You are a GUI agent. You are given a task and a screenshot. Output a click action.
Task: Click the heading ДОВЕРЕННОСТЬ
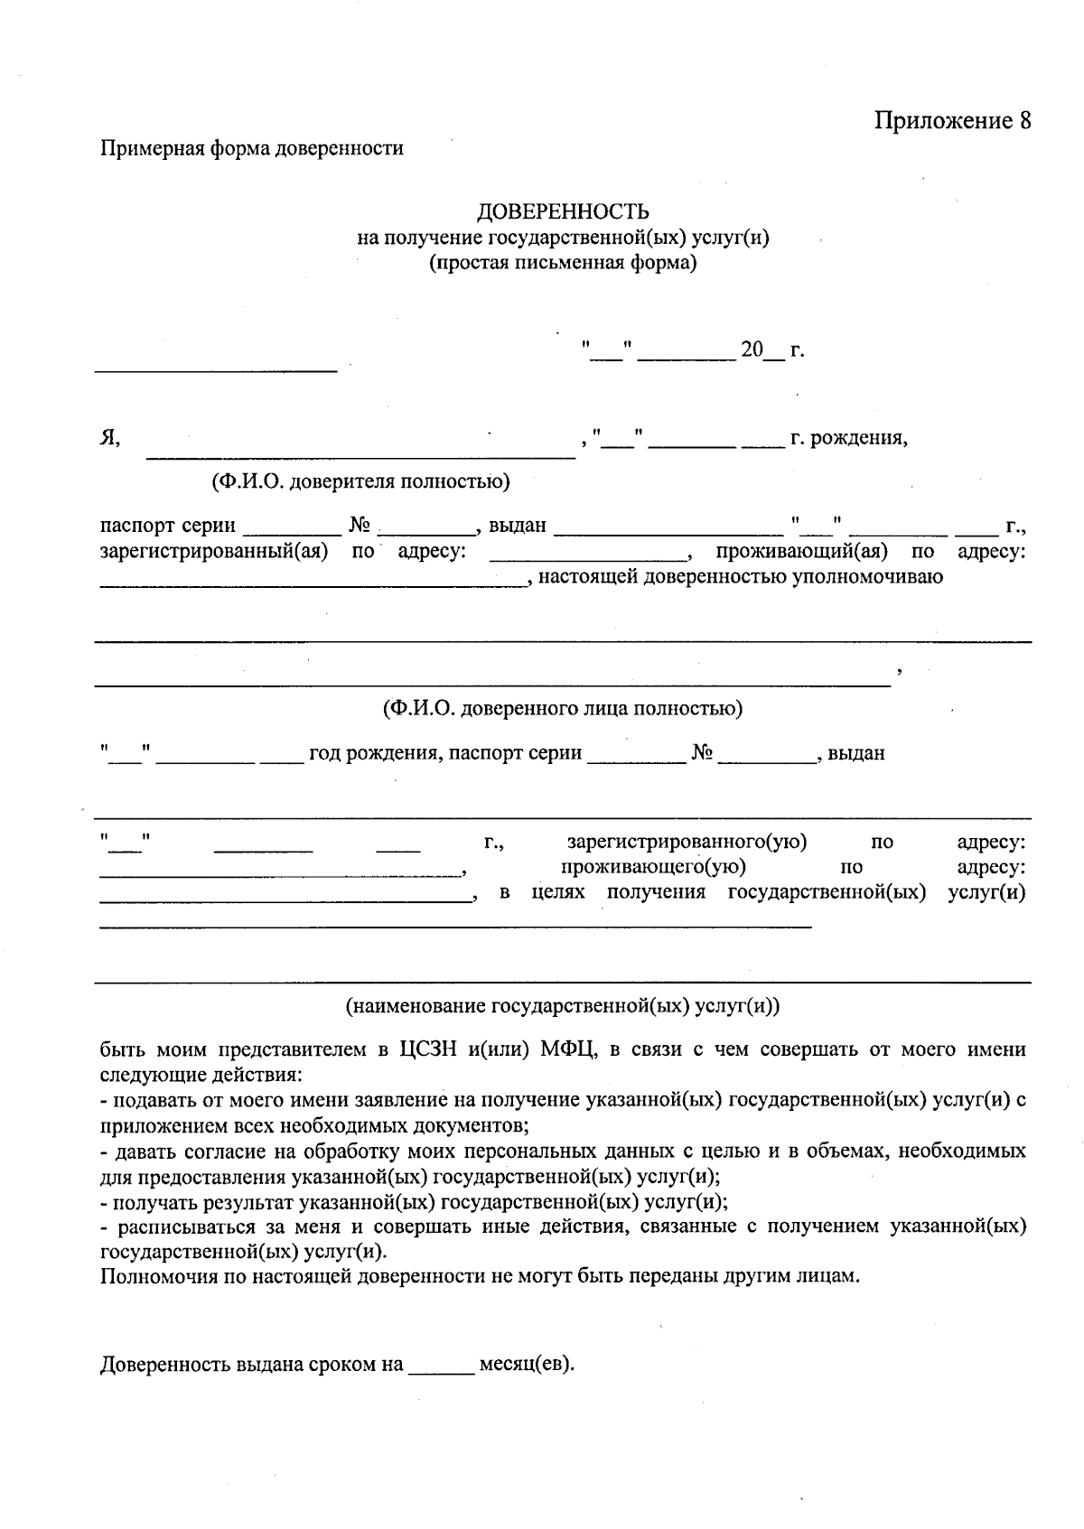pyautogui.click(x=563, y=211)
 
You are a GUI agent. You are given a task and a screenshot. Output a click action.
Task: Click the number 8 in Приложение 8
pyautogui.click(x=1023, y=121)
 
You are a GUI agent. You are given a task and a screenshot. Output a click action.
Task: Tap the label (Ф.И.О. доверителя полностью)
pyautogui.click(x=360, y=482)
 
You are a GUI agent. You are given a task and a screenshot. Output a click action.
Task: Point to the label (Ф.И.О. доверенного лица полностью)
pyautogui.click(x=562, y=708)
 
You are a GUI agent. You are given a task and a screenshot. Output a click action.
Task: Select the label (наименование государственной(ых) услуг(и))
pyautogui.click(x=562, y=1006)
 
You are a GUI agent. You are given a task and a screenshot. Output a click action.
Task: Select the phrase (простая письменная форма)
pyautogui.click(x=562, y=264)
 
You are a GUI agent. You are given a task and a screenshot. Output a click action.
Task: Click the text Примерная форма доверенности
pyautogui.click(x=252, y=148)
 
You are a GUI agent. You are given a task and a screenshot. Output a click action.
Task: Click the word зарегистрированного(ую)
pyautogui.click(x=687, y=843)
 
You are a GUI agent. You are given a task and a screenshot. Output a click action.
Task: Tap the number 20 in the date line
pyautogui.click(x=752, y=350)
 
